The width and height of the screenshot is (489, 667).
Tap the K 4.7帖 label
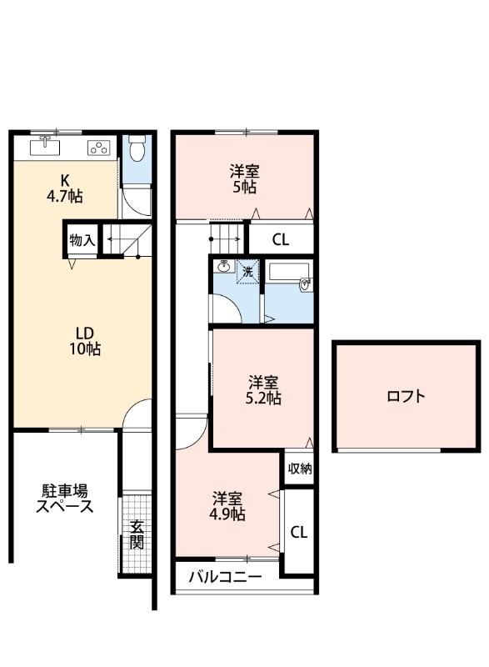[63, 188]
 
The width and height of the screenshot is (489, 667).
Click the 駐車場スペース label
[63, 499]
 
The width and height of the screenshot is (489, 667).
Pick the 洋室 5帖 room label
[244, 179]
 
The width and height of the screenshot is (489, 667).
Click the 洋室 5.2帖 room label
[263, 390]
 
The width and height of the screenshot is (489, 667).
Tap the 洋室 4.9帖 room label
[227, 506]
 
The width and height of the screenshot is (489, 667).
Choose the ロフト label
[406, 397]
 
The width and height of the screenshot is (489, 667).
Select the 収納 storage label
[300, 469]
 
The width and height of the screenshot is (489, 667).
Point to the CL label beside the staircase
[280, 240]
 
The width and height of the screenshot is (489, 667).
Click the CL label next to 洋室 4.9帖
[299, 531]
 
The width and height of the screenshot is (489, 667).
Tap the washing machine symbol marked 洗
[247, 272]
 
